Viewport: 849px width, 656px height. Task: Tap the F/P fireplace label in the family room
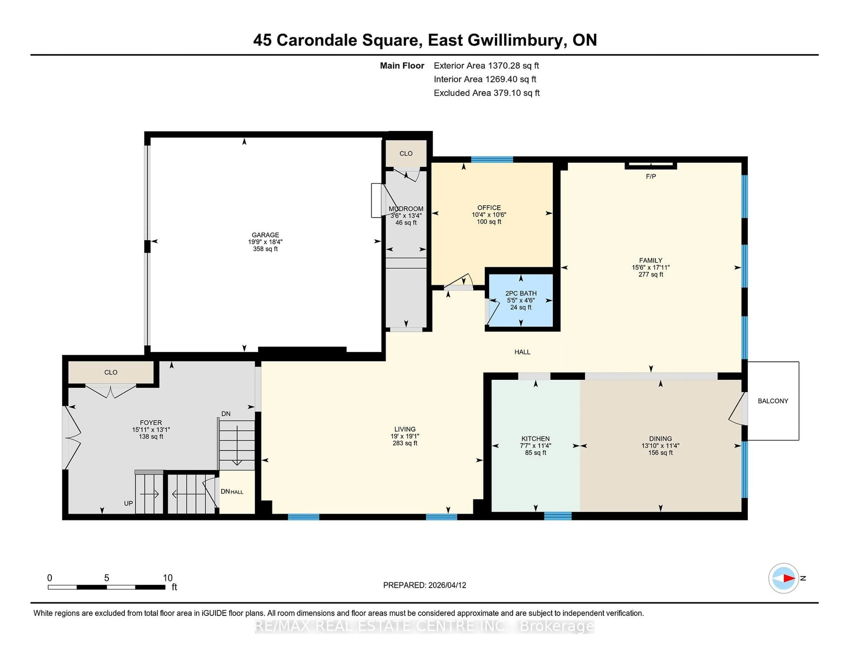(x=651, y=176)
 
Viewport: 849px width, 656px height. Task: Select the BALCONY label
(x=773, y=401)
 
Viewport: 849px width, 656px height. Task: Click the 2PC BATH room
(x=521, y=300)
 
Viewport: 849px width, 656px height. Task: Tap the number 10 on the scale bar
(x=168, y=578)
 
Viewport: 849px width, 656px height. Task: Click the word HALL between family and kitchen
(x=522, y=352)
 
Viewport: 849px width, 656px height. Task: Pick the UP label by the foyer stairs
(x=128, y=503)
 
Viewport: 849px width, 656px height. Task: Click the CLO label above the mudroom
(x=406, y=154)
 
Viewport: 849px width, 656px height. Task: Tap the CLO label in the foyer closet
(x=111, y=372)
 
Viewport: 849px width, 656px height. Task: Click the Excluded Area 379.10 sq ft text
(x=486, y=93)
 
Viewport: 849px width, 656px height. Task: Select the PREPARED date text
(x=424, y=585)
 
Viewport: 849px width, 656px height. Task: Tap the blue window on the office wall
(x=492, y=159)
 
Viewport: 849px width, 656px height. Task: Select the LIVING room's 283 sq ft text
(x=405, y=443)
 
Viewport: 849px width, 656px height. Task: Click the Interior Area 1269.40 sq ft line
(x=485, y=79)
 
